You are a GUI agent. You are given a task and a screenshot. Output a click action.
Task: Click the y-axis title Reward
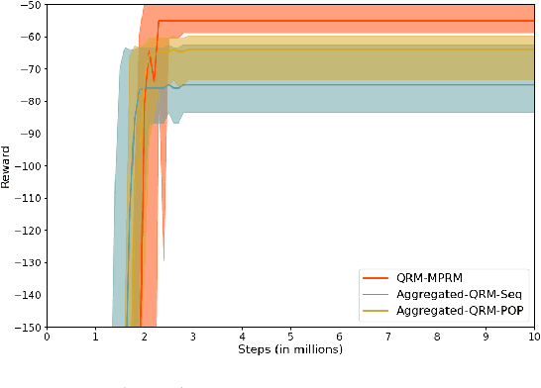(x=8, y=167)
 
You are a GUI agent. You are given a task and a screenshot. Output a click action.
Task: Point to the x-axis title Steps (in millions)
(x=291, y=349)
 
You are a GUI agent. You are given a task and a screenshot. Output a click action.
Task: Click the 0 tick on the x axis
(x=47, y=337)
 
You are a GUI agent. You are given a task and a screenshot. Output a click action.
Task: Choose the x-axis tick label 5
(x=291, y=337)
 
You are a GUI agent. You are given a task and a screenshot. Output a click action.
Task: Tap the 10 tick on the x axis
(x=534, y=337)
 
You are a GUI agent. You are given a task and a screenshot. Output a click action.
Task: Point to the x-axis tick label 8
(x=437, y=337)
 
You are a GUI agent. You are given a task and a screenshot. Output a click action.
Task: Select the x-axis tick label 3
(x=193, y=337)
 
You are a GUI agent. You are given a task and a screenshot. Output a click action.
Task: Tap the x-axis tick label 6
(x=340, y=337)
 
